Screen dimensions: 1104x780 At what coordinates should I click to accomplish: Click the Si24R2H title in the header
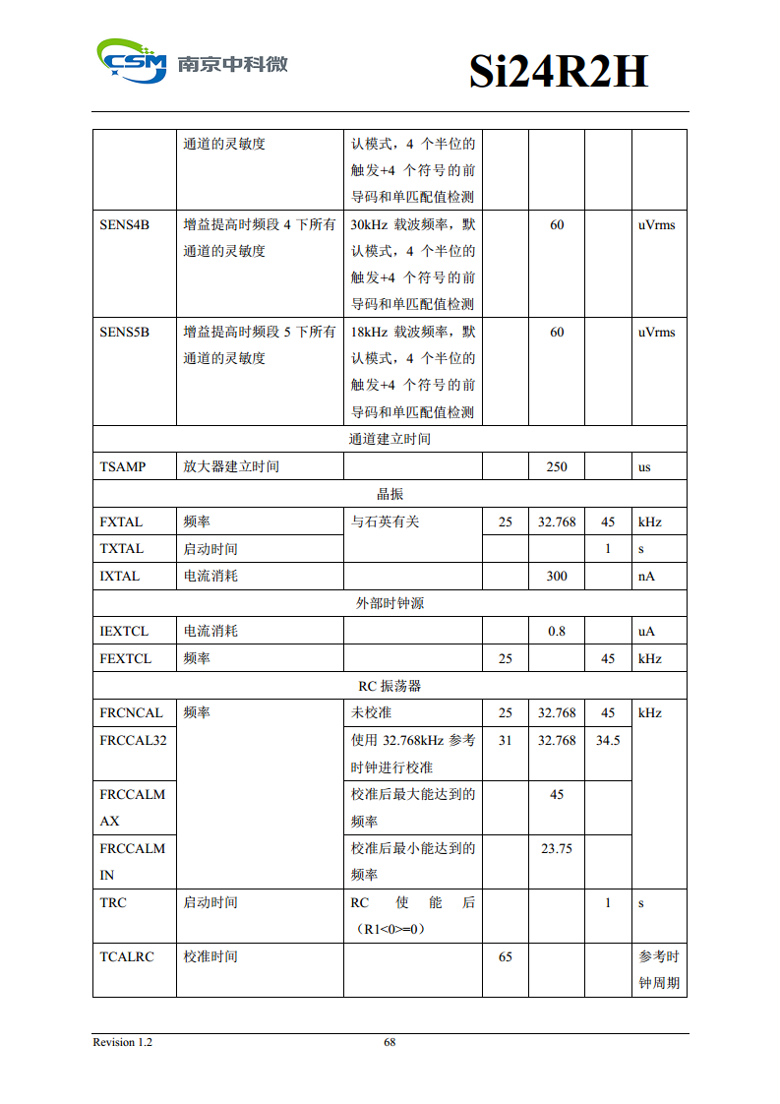pyautogui.click(x=558, y=72)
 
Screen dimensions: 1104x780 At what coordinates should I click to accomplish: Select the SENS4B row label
pyautogui.click(x=125, y=225)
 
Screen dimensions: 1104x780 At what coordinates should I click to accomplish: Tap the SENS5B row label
pyautogui.click(x=125, y=333)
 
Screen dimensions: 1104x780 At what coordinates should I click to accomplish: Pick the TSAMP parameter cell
pyautogui.click(x=123, y=467)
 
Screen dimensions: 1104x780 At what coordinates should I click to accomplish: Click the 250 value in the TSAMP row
pyautogui.click(x=557, y=467)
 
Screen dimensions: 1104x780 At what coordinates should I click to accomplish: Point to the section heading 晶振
pyautogui.click(x=390, y=494)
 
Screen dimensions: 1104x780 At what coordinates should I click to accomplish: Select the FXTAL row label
pyautogui.click(x=121, y=522)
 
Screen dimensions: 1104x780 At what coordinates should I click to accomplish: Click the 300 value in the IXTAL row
pyautogui.click(x=557, y=577)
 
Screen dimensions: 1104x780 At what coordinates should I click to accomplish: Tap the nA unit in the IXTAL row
pyautogui.click(x=646, y=577)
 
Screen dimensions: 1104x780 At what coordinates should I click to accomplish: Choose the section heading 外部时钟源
pyautogui.click(x=390, y=603)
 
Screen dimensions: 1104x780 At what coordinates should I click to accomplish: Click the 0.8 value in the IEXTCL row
pyautogui.click(x=557, y=632)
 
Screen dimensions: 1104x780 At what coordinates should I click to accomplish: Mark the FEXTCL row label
pyautogui.click(x=126, y=659)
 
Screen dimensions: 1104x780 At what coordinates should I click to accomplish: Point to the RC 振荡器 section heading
pyautogui.click(x=390, y=686)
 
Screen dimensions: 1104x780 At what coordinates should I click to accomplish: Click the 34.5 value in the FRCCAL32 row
pyautogui.click(x=608, y=741)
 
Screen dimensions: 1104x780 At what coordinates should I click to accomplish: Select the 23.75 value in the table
pyautogui.click(x=557, y=848)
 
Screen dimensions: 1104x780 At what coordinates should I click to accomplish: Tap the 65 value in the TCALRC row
pyautogui.click(x=506, y=956)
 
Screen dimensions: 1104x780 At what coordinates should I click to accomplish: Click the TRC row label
pyautogui.click(x=113, y=903)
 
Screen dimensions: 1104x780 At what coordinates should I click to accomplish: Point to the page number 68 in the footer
pyautogui.click(x=390, y=1043)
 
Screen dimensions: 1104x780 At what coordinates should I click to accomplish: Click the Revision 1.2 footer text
pyautogui.click(x=123, y=1043)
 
